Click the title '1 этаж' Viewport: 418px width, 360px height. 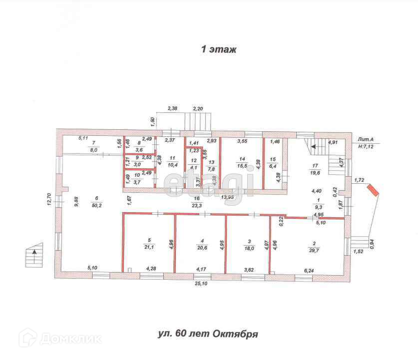pyautogui.click(x=218, y=49)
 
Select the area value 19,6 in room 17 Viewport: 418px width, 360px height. pyautogui.click(x=315, y=173)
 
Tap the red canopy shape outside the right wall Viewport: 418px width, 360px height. pyautogui.click(x=373, y=190)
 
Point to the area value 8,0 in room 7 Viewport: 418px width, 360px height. pyautogui.click(x=93, y=149)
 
